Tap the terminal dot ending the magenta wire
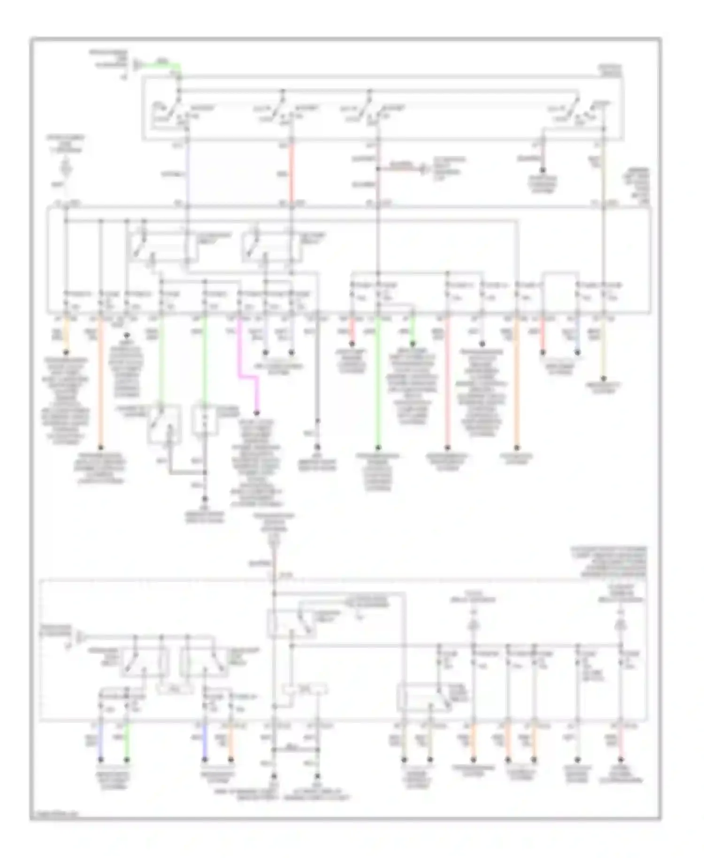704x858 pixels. pyautogui.click(x=257, y=413)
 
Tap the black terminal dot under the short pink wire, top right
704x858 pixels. pyautogui.click(x=543, y=170)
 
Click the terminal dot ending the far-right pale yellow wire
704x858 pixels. pyautogui.click(x=604, y=378)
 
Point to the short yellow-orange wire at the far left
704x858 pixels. pyautogui.click(x=67, y=333)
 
